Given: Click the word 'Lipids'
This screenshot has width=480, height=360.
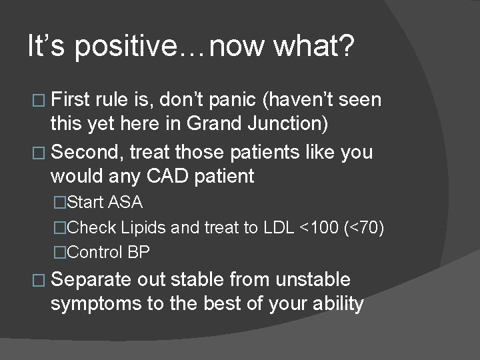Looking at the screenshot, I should tap(145, 227).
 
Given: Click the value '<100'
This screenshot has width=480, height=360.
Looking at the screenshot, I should tap(319, 227).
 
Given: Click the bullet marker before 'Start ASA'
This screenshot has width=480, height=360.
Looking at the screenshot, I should tap(61, 202).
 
